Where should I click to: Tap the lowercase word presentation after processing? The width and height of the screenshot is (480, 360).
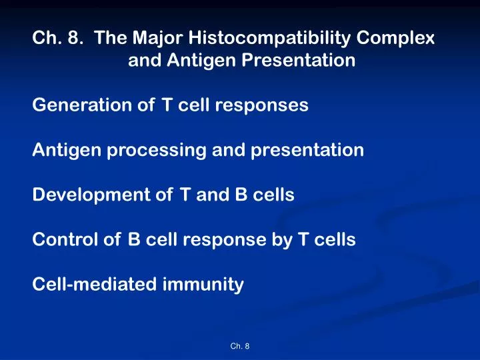(x=307, y=151)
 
